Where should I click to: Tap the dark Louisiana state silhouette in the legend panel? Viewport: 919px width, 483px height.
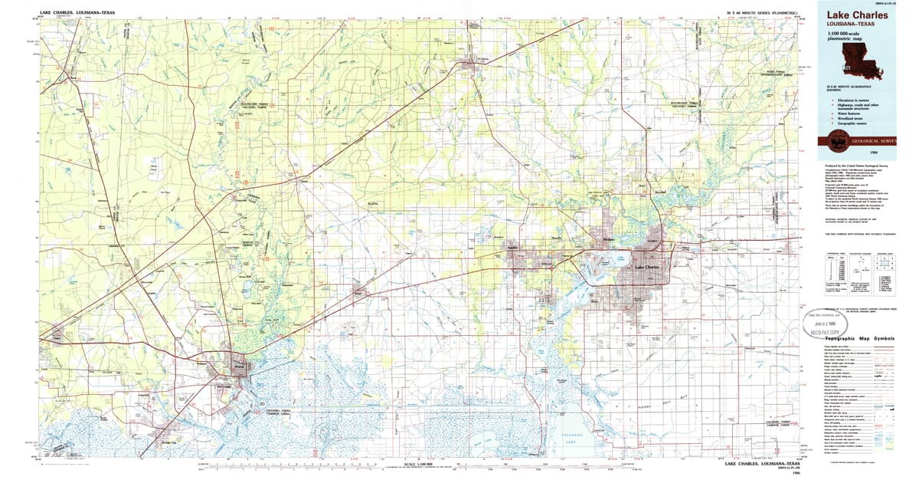(x=862, y=61)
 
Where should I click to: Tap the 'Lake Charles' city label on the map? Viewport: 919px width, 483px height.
(x=652, y=267)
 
